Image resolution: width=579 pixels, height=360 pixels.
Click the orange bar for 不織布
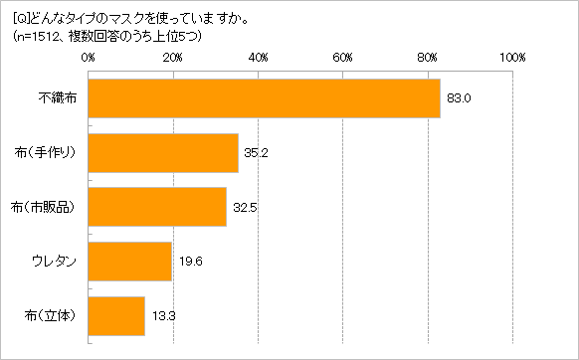pyautogui.click(x=264, y=98)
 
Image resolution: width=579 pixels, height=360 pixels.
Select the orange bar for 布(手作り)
pyautogui.click(x=163, y=153)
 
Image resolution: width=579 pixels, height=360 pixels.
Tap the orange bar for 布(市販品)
pyautogui.click(x=157, y=207)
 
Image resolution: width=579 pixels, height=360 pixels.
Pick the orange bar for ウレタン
pyautogui.click(x=130, y=262)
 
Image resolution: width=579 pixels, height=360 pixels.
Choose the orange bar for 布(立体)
pyautogui.click(x=116, y=315)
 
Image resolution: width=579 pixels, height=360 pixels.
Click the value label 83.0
pyautogui.click(x=459, y=98)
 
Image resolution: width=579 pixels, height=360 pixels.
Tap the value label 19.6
pyautogui.click(x=191, y=262)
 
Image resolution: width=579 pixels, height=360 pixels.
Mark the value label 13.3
pyautogui.click(x=164, y=315)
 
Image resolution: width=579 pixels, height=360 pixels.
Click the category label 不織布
pyautogui.click(x=58, y=98)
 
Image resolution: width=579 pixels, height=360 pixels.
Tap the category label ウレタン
pyautogui.click(x=55, y=262)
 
